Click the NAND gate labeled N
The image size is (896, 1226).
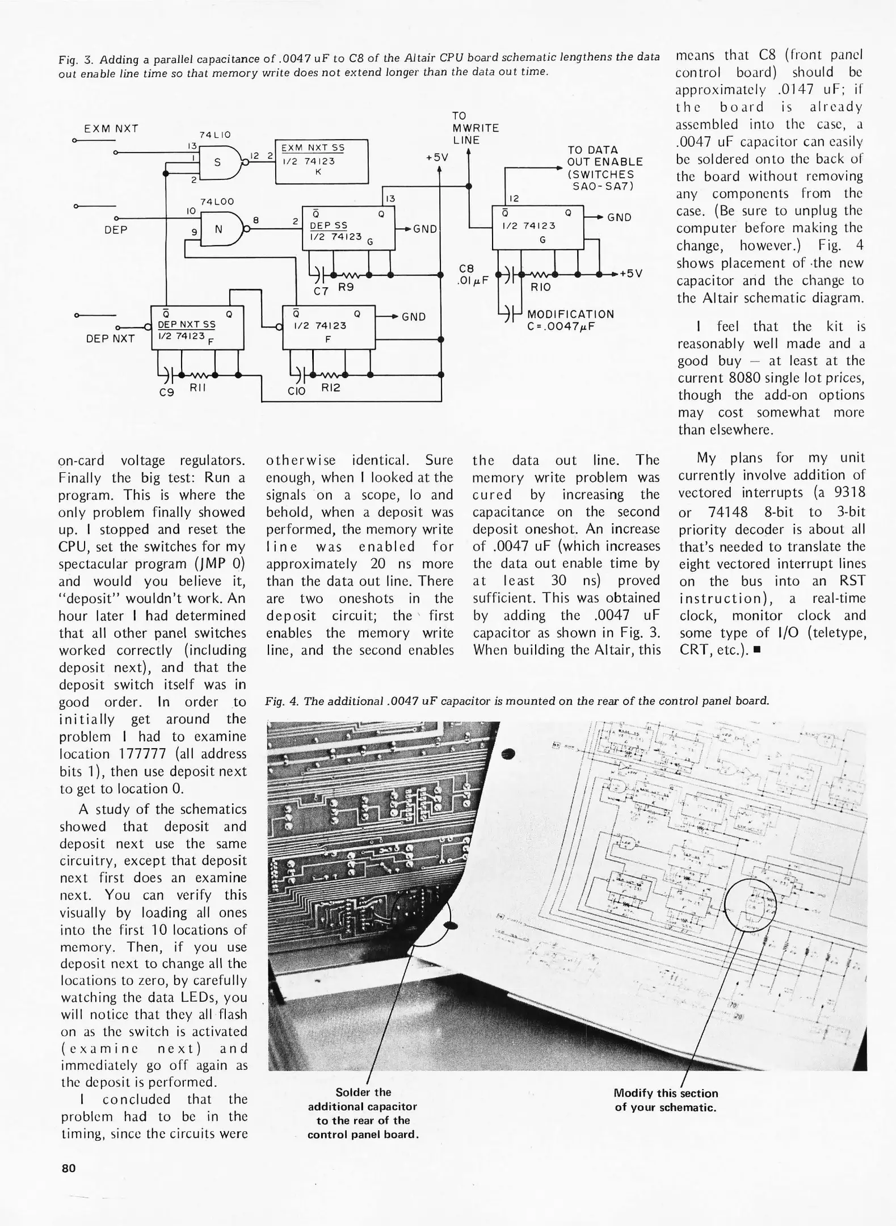tap(220, 228)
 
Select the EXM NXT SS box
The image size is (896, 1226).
tap(321, 161)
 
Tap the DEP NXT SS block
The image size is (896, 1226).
tap(197, 328)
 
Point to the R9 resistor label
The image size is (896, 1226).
tap(346, 287)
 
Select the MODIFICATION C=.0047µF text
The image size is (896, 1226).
tap(570, 320)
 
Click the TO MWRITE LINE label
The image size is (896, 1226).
tap(475, 128)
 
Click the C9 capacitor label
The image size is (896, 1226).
tap(166, 391)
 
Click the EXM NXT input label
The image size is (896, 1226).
tap(111, 129)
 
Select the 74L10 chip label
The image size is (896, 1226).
tap(214, 135)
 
